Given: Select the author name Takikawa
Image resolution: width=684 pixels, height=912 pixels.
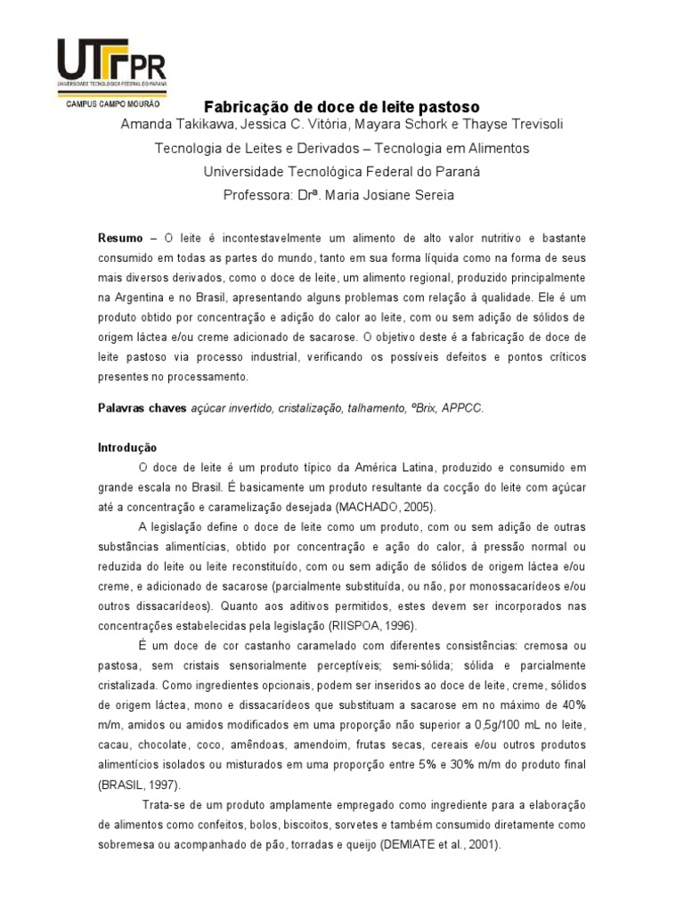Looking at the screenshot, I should [x=199, y=125].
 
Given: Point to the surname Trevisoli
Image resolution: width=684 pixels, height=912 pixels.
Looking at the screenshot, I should [x=531, y=125].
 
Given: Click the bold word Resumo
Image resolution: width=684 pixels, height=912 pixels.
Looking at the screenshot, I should [x=119, y=239].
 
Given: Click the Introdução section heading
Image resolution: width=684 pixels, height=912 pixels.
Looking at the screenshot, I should [x=126, y=448].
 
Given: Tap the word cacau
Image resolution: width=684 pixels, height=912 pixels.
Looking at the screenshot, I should [x=114, y=745].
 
